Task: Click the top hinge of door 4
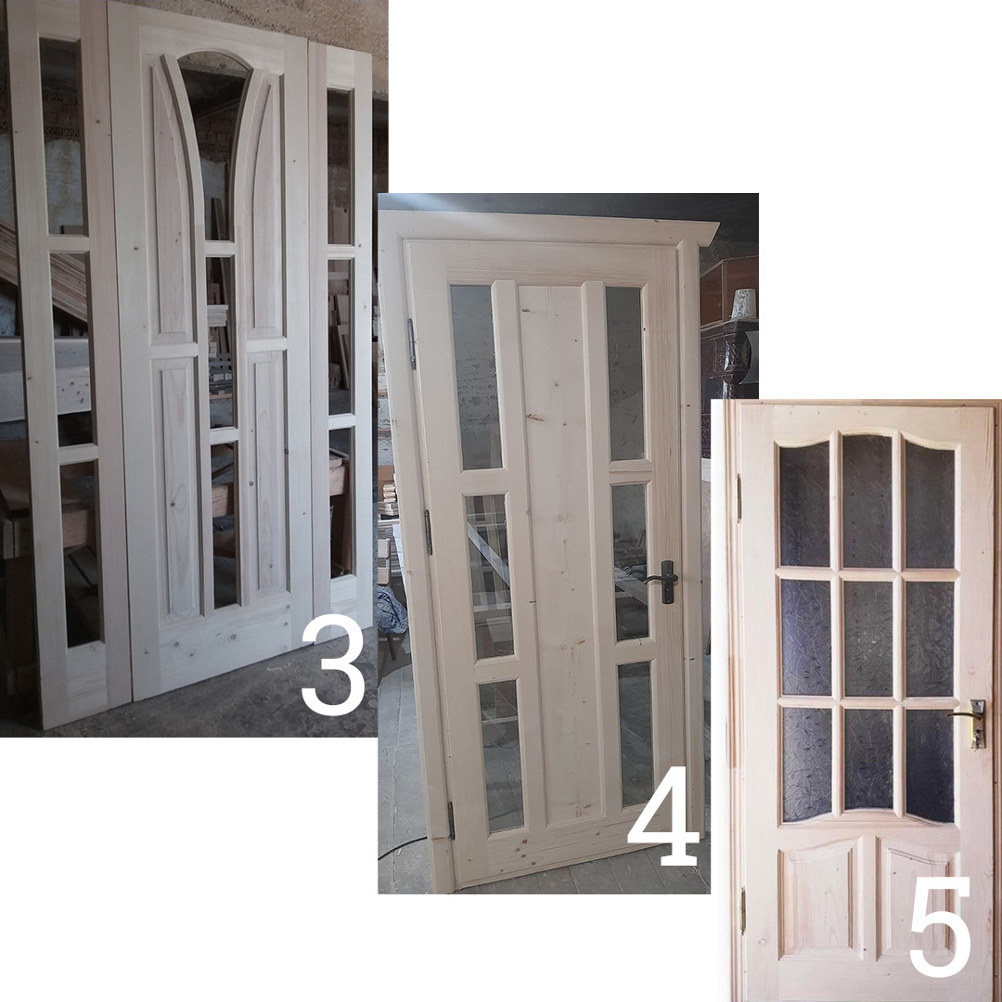click(412, 344)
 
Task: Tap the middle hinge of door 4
click(429, 532)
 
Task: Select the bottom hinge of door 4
click(451, 820)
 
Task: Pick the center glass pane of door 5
click(867, 638)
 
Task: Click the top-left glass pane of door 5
click(804, 504)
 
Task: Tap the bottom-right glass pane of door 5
click(930, 765)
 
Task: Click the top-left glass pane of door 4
click(477, 377)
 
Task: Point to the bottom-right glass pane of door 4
click(636, 733)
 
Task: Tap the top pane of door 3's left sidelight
click(62, 136)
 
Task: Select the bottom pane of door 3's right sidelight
click(342, 504)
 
